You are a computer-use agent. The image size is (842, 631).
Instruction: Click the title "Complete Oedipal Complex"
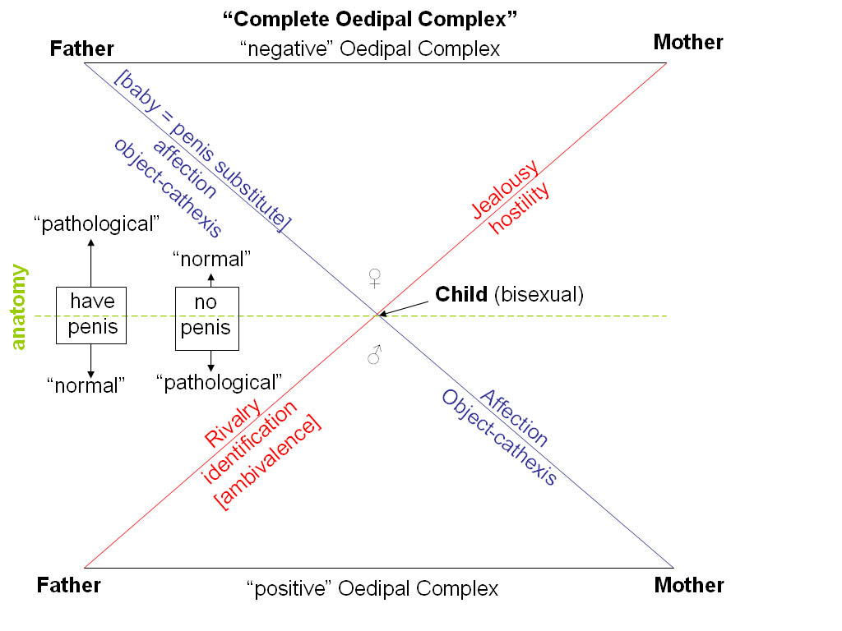370,17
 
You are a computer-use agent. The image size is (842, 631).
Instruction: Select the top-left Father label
81,48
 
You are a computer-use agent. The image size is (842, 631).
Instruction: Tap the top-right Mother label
688,42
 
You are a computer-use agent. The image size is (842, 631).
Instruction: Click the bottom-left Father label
68,585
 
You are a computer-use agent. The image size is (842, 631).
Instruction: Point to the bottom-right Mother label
688,585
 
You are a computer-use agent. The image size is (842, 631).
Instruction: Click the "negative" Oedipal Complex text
369,49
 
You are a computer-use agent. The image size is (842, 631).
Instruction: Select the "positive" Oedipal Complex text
372,589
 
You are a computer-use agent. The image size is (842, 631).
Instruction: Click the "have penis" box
91,315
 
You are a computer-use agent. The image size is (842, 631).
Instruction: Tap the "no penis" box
206,316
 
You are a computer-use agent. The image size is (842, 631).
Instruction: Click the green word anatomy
19,306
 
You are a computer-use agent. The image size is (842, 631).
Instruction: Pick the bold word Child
461,294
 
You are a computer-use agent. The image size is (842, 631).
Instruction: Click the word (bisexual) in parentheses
539,294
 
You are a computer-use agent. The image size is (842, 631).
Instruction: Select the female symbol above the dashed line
375,278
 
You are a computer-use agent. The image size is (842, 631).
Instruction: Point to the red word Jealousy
505,190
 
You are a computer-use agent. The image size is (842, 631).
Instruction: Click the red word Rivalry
233,423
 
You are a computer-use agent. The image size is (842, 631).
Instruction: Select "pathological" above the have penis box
96,223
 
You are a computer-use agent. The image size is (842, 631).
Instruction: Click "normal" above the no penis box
211,260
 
